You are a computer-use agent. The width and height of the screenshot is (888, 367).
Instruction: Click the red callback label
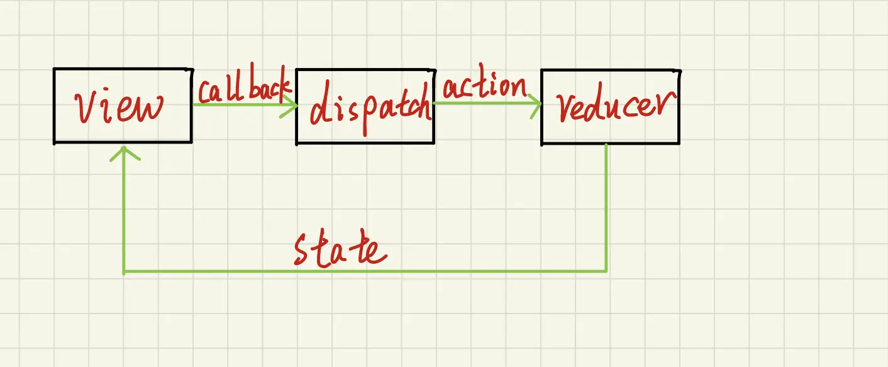[244, 89]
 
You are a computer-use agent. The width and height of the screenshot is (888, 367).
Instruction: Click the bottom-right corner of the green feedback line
[606, 271]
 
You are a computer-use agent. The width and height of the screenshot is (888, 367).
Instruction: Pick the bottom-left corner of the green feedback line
[124, 272]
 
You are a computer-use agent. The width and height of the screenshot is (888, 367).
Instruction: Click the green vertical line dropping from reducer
[606, 208]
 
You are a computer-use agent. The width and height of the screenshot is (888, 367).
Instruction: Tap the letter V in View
[86, 109]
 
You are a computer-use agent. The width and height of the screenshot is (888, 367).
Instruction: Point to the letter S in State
[305, 250]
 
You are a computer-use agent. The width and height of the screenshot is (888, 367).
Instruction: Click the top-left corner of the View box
[55, 69]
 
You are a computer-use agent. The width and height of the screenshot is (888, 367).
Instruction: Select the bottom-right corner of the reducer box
[679, 143]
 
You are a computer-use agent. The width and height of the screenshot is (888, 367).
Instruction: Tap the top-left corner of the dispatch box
[297, 69]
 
